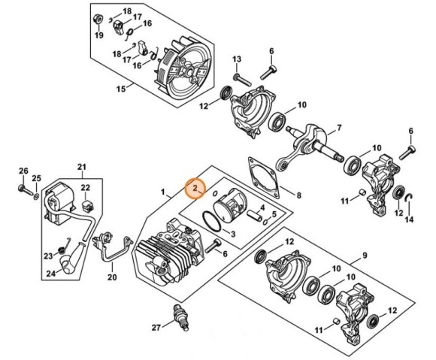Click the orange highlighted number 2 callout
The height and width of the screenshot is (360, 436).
click(x=195, y=189)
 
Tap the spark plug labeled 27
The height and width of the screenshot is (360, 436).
click(x=181, y=317)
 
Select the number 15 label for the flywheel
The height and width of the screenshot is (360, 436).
click(x=121, y=89)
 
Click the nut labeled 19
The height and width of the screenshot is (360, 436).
click(x=98, y=20)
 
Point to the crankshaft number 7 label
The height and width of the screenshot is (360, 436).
click(x=339, y=128)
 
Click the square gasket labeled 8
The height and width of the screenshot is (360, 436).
click(x=263, y=178)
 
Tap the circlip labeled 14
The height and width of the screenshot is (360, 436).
click(x=409, y=200)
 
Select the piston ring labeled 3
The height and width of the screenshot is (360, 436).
click(x=212, y=221)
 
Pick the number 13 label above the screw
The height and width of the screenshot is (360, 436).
click(x=237, y=59)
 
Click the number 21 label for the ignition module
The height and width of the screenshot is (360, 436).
click(x=82, y=168)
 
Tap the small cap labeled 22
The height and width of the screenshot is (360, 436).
click(x=86, y=206)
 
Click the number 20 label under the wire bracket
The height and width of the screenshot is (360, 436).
click(x=112, y=277)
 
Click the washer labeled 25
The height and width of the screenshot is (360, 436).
click(x=36, y=198)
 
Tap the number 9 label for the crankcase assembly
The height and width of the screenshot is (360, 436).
click(x=365, y=256)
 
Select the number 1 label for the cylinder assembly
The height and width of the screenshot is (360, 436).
click(x=163, y=192)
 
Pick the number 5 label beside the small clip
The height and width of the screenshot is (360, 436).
click(x=274, y=214)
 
